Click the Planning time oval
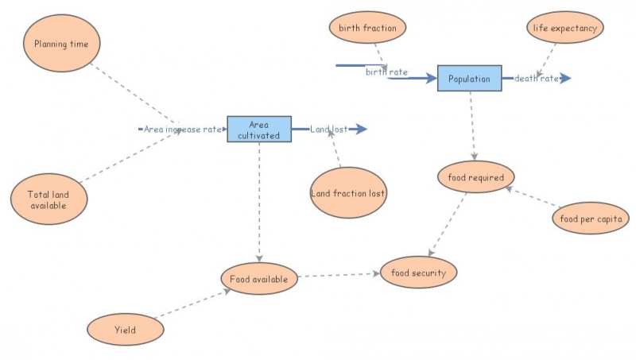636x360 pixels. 62,44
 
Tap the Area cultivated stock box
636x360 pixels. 259,130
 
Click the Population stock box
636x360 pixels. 469,78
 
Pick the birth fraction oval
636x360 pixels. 367,28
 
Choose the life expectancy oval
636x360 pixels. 565,28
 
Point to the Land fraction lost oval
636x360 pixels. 348,192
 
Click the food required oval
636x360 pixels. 476,177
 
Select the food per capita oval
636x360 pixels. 590,217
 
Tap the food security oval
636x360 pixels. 419,273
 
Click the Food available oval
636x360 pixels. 259,279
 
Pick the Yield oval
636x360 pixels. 124,328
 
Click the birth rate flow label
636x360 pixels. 386,72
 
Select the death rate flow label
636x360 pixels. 536,78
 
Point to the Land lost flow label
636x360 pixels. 328,129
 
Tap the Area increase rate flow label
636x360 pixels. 182,129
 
